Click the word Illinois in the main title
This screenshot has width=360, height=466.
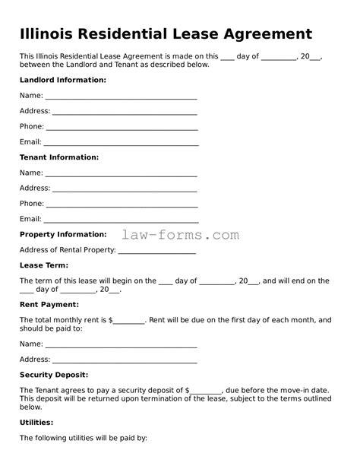click(x=52, y=34)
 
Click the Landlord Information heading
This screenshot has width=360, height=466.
click(x=62, y=80)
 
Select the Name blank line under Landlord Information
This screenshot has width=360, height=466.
click(x=122, y=97)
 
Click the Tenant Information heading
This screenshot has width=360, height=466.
click(x=58, y=157)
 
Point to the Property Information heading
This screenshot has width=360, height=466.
click(x=62, y=234)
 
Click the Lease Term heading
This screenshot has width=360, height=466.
click(x=43, y=265)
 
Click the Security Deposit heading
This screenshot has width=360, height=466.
click(x=53, y=375)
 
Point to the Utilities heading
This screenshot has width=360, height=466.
click(x=36, y=422)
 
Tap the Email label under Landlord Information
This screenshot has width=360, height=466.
click(x=30, y=142)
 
